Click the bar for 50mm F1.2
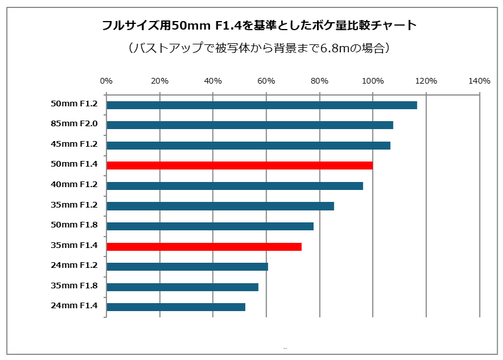[262, 105]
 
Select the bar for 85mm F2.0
[250, 125]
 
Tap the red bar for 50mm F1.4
[240, 165]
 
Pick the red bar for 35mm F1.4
[204, 246]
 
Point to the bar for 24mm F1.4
[176, 307]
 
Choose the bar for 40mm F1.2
[234, 185]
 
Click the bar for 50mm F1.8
[210, 226]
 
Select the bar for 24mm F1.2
[187, 267]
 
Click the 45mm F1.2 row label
[75, 144]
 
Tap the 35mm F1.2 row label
[75, 205]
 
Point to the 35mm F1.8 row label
[75, 285]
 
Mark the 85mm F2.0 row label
[75, 124]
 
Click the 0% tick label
[106, 81]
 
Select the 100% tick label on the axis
[373, 81]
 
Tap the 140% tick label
[479, 81]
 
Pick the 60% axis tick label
[266, 81]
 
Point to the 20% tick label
[160, 81]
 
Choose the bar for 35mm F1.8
[182, 287]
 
